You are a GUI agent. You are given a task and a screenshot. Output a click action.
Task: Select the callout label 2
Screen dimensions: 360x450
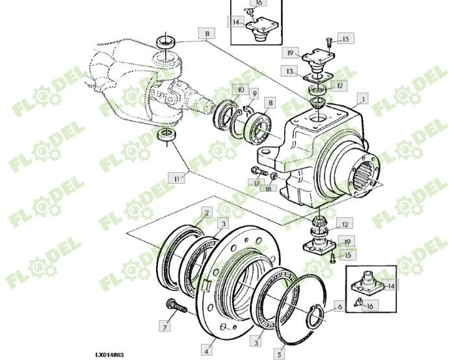point(206,212)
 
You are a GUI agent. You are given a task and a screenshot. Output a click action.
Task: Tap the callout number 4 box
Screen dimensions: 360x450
point(206,350)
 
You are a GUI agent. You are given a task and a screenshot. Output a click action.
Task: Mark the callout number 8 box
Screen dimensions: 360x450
point(269,103)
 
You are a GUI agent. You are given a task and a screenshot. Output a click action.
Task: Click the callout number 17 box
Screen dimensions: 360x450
point(258,184)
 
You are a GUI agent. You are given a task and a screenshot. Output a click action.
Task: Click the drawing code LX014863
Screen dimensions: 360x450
point(109,355)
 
